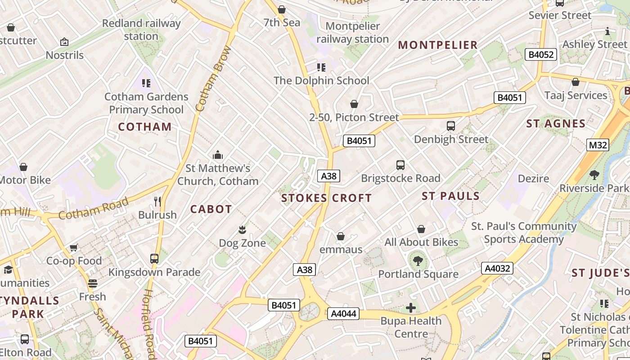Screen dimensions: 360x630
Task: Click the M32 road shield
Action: pyautogui.click(x=598, y=145)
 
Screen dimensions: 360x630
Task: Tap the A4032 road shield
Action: pyautogui.click(x=497, y=269)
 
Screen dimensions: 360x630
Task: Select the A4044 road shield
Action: pyautogui.click(x=343, y=314)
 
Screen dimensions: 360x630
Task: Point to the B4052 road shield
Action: pyautogui.click(x=541, y=55)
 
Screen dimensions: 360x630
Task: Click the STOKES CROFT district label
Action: pyautogui.click(x=326, y=198)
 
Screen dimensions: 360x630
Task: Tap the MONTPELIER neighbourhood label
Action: pyautogui.click(x=437, y=45)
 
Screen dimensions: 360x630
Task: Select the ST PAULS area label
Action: pyautogui.click(x=450, y=196)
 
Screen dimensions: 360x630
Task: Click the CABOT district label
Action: pyautogui.click(x=211, y=209)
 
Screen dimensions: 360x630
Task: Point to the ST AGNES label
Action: pyautogui.click(x=556, y=123)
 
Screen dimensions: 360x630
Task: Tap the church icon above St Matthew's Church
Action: pyautogui.click(x=218, y=155)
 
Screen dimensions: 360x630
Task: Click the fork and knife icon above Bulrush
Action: pyautogui.click(x=157, y=201)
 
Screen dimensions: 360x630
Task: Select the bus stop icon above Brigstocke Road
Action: pyautogui.click(x=400, y=165)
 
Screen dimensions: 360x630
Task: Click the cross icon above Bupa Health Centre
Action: pyautogui.click(x=410, y=308)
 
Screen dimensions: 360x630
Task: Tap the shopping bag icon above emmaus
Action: pyautogui.click(x=341, y=236)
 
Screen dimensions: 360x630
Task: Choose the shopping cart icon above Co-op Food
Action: pyautogui.click(x=74, y=247)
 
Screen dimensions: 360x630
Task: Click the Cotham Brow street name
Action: pyautogui.click(x=213, y=79)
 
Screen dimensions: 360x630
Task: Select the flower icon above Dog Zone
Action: pyautogui.click(x=242, y=230)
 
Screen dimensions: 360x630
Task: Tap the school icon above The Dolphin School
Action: pyautogui.click(x=321, y=67)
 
